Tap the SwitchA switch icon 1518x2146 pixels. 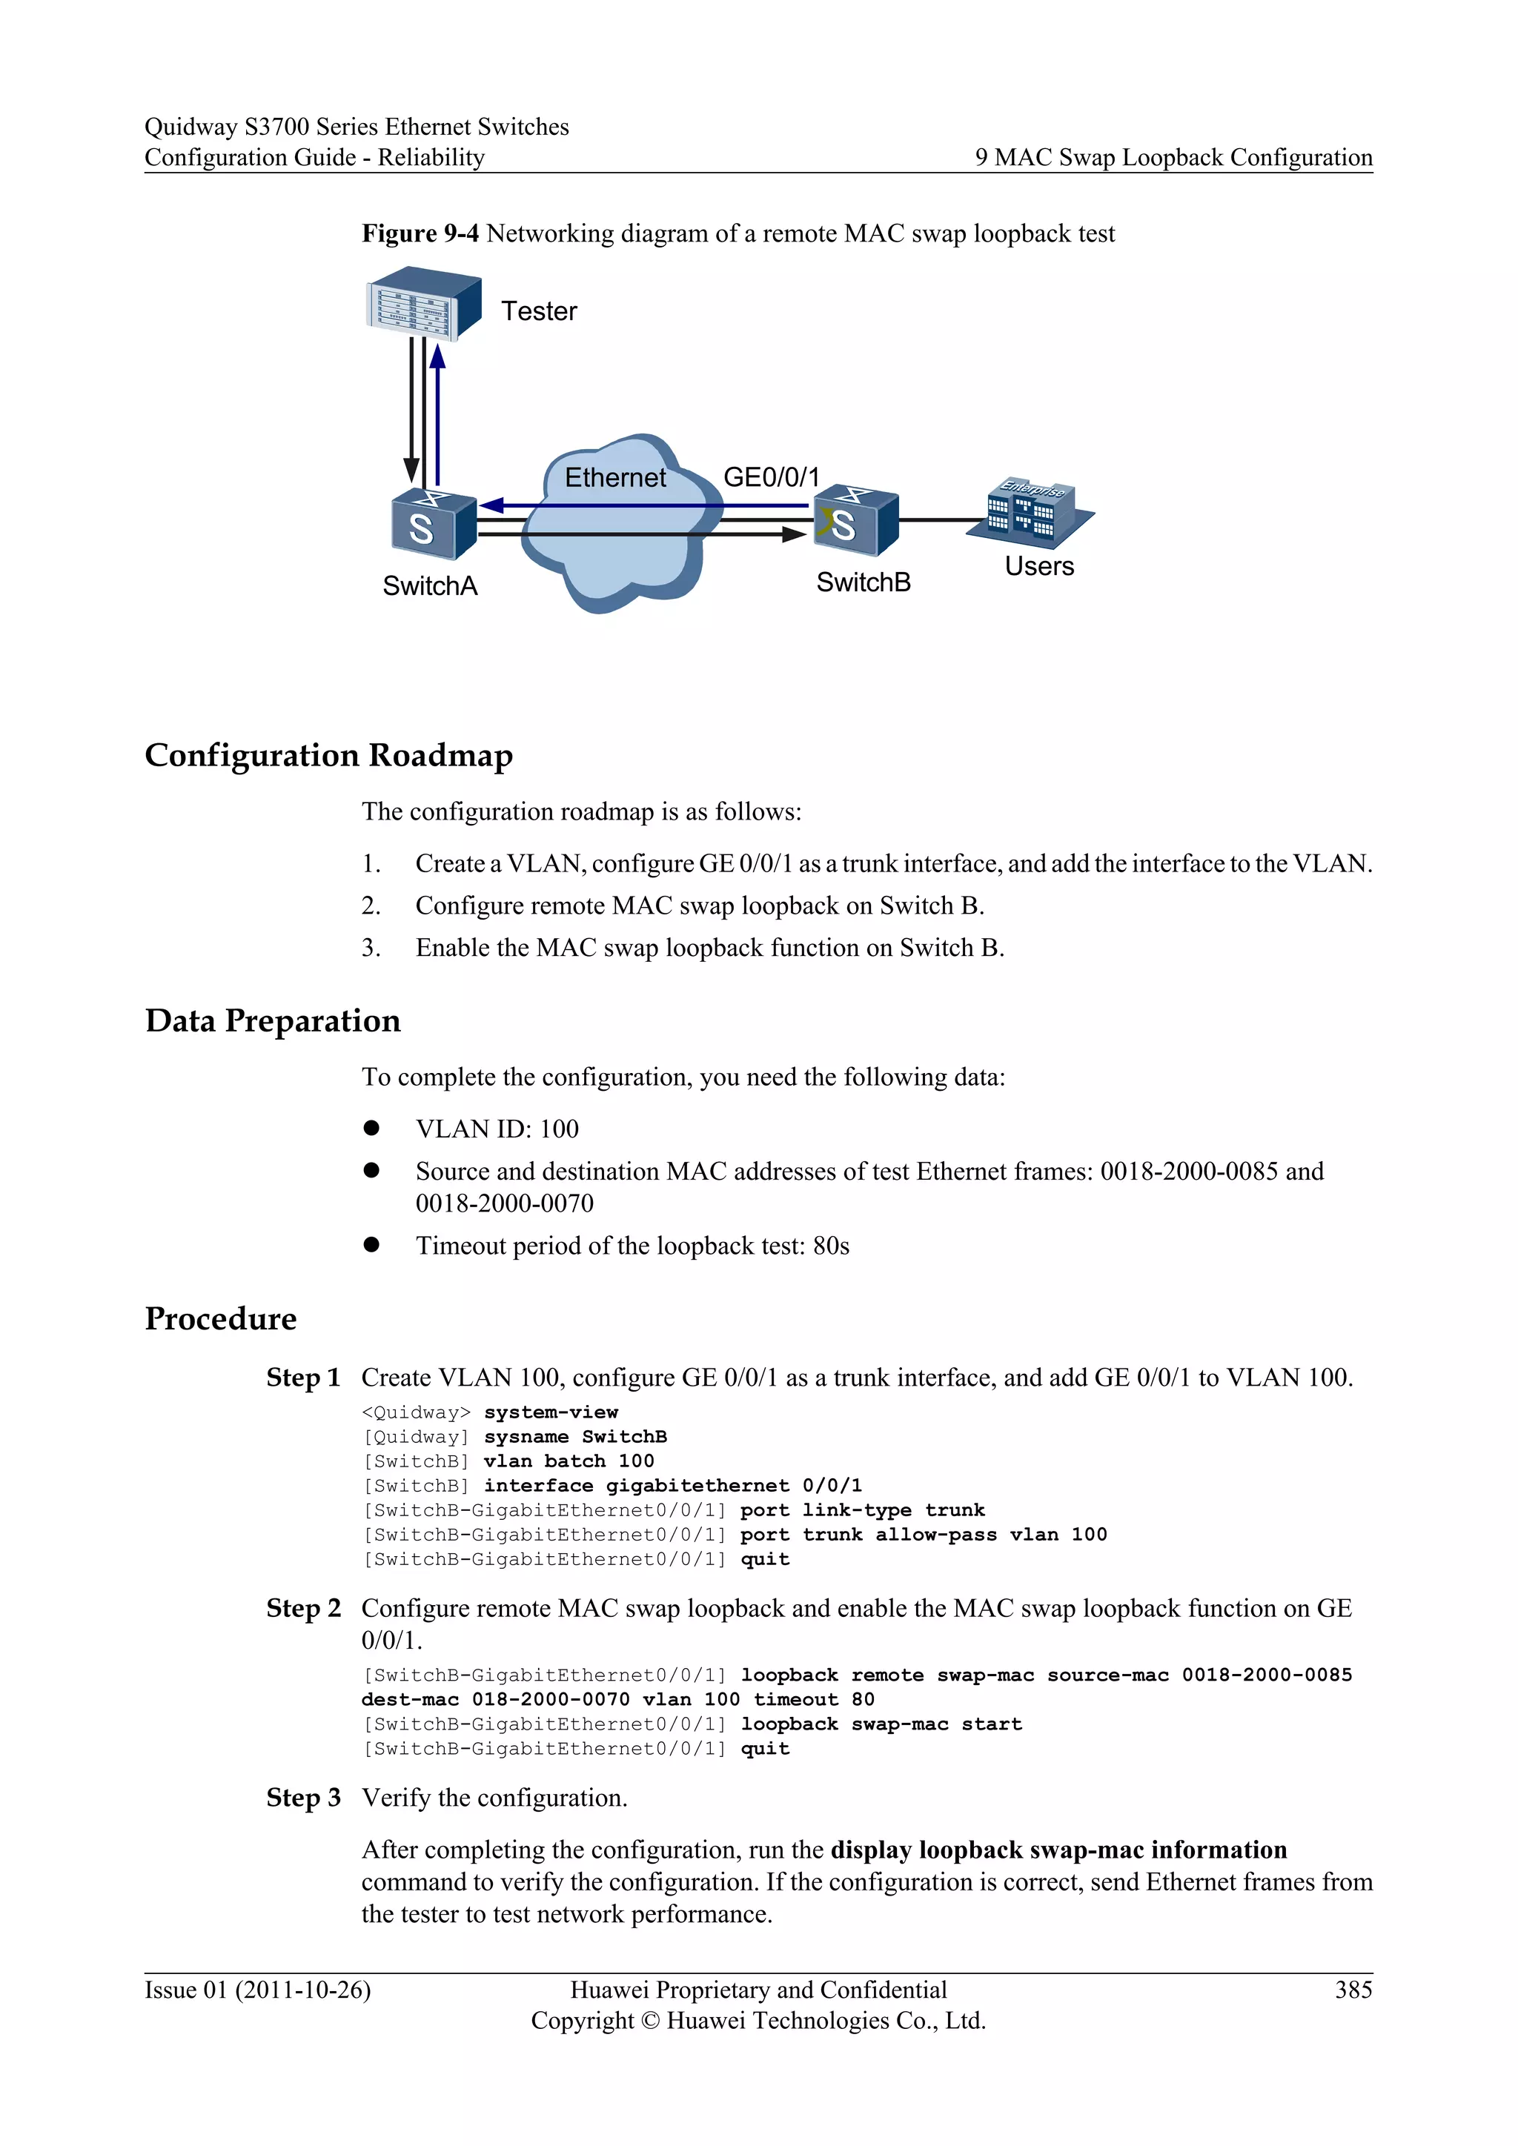pos(432,523)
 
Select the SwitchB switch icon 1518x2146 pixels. pos(855,521)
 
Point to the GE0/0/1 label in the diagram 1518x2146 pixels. pos(771,478)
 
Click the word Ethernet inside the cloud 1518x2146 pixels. pos(615,478)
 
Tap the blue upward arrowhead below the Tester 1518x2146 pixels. pos(437,356)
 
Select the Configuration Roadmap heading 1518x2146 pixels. pos(328,755)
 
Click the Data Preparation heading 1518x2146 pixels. pos(272,1020)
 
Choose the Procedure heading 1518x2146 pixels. pos(221,1319)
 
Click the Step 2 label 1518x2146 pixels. pos(303,1609)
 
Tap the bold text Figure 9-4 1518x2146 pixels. pos(420,233)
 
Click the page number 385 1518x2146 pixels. pos(1353,1990)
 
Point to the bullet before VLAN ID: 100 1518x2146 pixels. pos(371,1128)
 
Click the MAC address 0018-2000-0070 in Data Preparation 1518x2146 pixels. pos(504,1204)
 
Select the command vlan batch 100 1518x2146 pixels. pos(569,1461)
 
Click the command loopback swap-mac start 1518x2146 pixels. pos(881,1724)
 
